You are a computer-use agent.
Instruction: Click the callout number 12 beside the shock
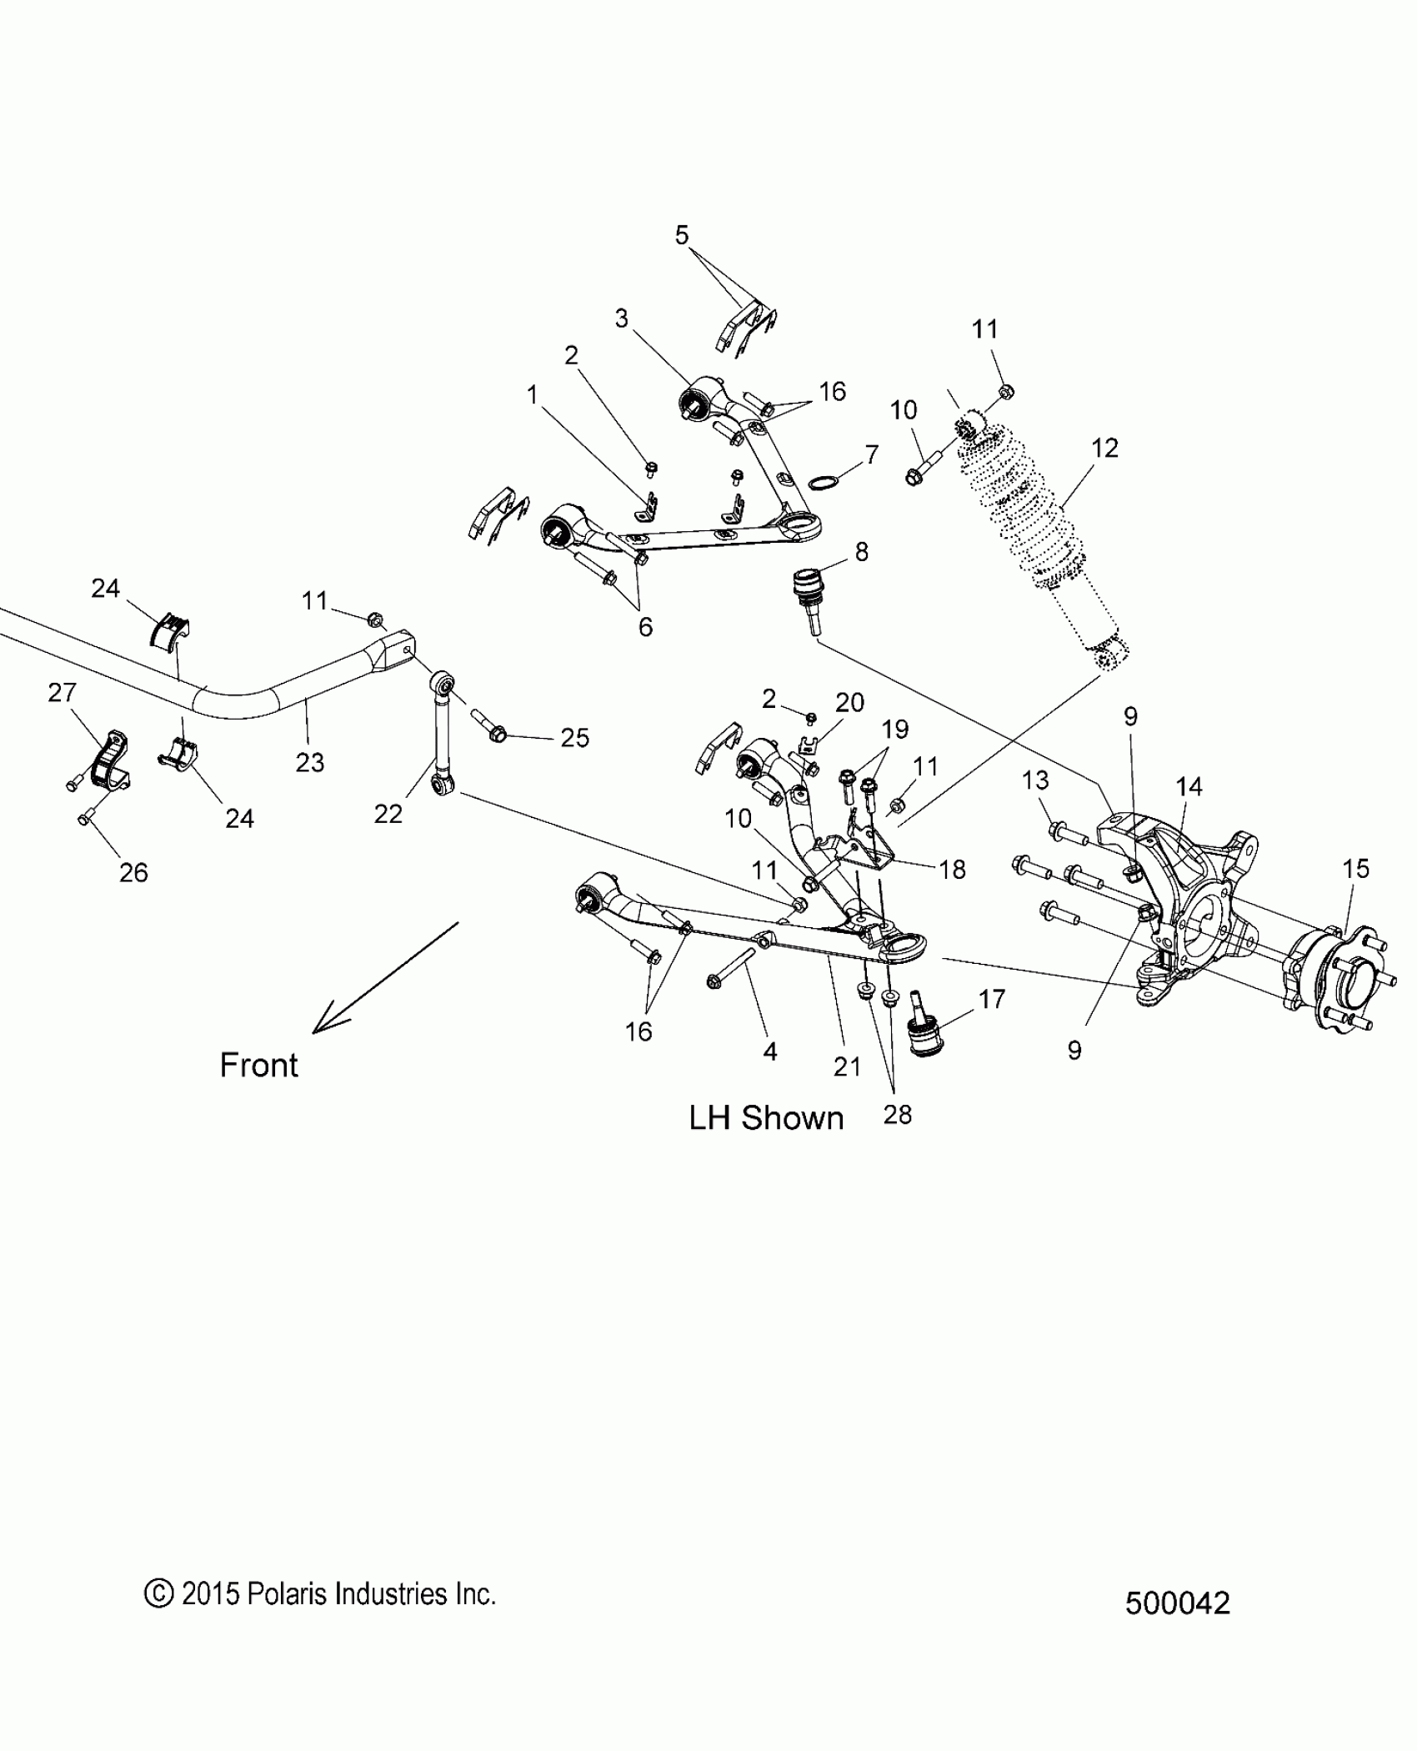pyautogui.click(x=1104, y=449)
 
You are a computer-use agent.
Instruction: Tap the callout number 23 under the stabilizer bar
pyautogui.click(x=309, y=762)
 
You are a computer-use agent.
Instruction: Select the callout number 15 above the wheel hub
pyautogui.click(x=1355, y=869)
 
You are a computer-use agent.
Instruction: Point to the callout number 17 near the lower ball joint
pyautogui.click(x=992, y=999)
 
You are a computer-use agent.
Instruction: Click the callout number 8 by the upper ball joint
pyautogui.click(x=861, y=552)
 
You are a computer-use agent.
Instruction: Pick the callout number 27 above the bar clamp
pyautogui.click(x=63, y=693)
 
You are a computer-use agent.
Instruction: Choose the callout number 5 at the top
pyautogui.click(x=682, y=236)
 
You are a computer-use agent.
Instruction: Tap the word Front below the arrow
pyautogui.click(x=258, y=1066)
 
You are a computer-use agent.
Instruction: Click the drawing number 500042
pyautogui.click(x=1177, y=1604)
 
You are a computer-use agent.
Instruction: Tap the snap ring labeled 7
pyautogui.click(x=824, y=483)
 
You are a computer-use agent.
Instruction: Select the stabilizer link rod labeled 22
pyautogui.click(x=439, y=734)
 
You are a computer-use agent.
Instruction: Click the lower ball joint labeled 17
pyautogui.click(x=925, y=1027)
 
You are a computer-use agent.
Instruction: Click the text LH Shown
pyautogui.click(x=766, y=1118)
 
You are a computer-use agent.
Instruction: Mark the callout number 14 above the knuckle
pyautogui.click(x=1189, y=786)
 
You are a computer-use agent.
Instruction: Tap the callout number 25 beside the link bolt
pyautogui.click(x=574, y=738)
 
